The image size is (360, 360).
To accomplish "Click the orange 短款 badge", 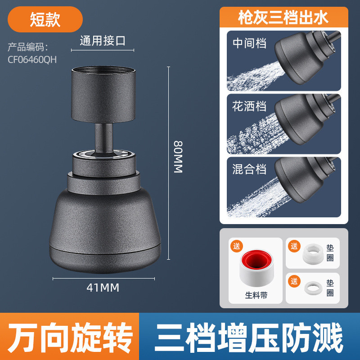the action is click(x=45, y=19).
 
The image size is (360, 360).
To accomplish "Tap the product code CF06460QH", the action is click(x=32, y=60).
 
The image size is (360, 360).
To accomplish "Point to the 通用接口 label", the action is click(x=103, y=41).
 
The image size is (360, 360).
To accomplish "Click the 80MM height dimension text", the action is click(x=178, y=157).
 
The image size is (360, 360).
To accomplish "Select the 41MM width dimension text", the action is click(x=103, y=288).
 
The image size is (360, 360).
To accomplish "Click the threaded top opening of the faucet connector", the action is click(x=103, y=70).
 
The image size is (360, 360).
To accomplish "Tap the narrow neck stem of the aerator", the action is click(x=104, y=138).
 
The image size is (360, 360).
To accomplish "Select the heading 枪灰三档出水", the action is click(x=283, y=18).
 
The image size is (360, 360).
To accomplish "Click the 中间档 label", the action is click(x=249, y=43).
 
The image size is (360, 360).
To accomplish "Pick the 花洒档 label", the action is click(x=249, y=106).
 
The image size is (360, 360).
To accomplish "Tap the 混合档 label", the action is click(x=249, y=169).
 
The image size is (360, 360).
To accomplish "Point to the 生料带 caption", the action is click(x=256, y=295).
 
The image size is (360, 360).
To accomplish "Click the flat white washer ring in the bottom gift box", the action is click(x=313, y=288).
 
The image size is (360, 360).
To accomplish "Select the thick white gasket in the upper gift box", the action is click(x=313, y=254).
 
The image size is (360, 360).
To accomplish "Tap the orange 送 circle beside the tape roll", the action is click(x=237, y=246).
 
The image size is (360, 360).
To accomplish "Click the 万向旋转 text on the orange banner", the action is click(x=70, y=337).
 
